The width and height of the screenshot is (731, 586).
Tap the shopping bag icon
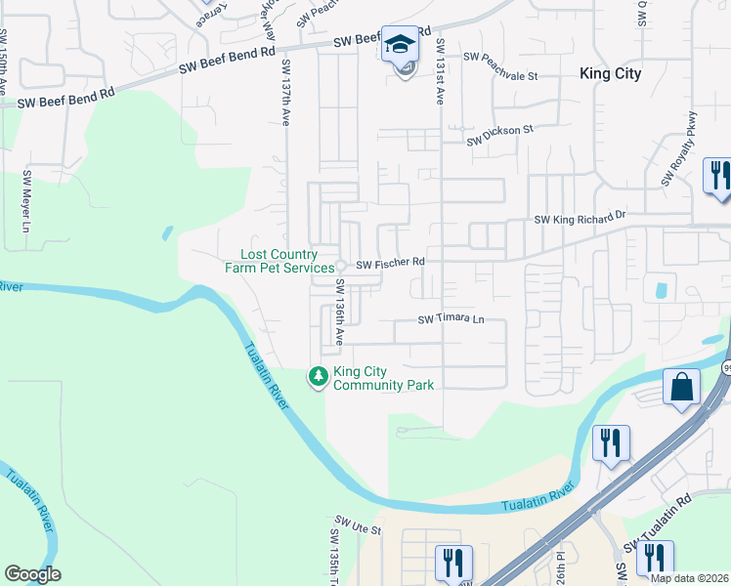681,387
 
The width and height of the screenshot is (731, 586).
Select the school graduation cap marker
399,44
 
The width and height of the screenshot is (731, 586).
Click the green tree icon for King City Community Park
318,376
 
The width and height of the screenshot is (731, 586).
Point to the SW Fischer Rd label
390,264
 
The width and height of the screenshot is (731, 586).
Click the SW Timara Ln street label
451,319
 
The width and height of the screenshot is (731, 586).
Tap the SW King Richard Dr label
580,218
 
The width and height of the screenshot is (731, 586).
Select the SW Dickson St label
500,135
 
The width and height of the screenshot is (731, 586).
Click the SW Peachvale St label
501,60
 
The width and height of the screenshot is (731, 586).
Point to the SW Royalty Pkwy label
678,149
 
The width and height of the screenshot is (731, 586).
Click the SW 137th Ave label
286,93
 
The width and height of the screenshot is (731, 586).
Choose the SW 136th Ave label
340,312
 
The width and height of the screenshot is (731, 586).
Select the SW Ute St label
357,525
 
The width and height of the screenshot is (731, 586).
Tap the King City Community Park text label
383,378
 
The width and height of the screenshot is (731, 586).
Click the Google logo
32,574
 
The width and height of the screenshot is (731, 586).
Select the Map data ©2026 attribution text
689,578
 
